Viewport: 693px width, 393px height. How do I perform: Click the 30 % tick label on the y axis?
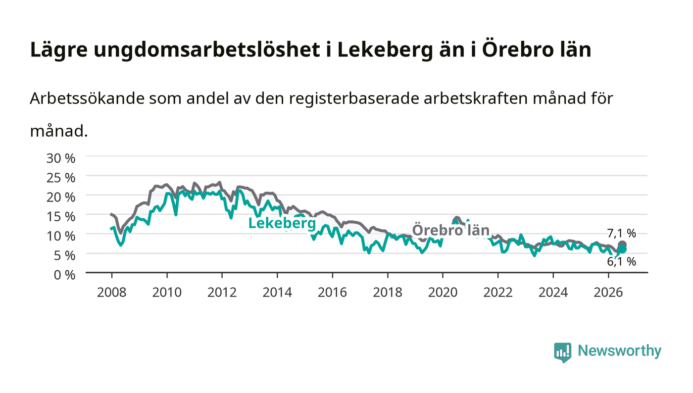tap(60, 158)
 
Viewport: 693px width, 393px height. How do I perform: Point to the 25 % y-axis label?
tap(60, 178)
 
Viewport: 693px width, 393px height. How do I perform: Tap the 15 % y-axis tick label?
tap(60, 217)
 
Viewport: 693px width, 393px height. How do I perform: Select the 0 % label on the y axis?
tap(64, 275)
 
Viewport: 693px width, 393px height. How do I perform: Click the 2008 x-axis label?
tap(112, 293)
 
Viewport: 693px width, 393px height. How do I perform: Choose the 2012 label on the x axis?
tap(222, 293)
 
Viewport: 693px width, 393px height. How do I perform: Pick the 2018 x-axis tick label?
tap(387, 293)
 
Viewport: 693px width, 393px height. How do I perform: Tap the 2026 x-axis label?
tap(608, 293)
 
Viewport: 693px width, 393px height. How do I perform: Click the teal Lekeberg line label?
tap(282, 223)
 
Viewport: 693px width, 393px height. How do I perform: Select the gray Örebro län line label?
tap(451, 230)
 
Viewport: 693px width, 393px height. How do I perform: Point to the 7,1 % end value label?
tap(621, 233)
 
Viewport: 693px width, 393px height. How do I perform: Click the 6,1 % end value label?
tap(621, 261)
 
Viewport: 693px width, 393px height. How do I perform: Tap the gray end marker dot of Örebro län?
tap(622, 245)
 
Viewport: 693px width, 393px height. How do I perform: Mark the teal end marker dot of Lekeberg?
tap(622, 249)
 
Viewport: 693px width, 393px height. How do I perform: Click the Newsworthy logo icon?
tap(562, 352)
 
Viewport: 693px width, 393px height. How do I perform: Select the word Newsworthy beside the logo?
tap(619, 351)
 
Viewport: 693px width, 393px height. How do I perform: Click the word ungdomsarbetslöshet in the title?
tap(207, 50)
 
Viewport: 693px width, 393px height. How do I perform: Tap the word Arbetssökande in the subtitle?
tap(87, 98)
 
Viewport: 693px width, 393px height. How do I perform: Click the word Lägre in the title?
tap(59, 50)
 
